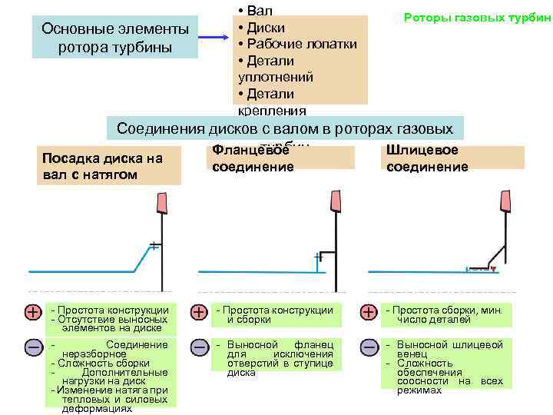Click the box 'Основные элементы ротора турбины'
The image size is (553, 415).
(x=115, y=38)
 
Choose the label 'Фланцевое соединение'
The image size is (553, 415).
(x=253, y=158)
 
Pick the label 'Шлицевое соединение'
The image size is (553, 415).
(x=427, y=158)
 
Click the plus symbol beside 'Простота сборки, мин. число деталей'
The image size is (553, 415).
(x=369, y=312)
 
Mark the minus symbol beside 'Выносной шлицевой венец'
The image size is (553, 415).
(x=369, y=347)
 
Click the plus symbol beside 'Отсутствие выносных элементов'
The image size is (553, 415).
(x=34, y=312)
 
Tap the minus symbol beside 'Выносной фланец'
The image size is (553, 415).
(x=199, y=347)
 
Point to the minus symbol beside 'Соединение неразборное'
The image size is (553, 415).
(x=34, y=347)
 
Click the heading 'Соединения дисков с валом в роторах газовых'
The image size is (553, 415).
(x=285, y=128)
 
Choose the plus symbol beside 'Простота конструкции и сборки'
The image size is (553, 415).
(x=199, y=312)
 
